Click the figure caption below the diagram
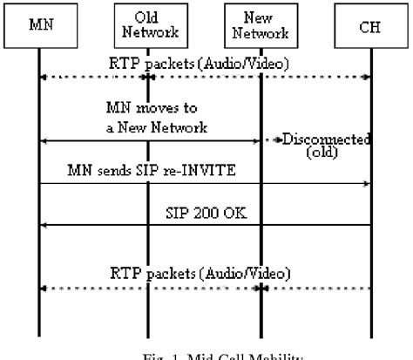[206, 354]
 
